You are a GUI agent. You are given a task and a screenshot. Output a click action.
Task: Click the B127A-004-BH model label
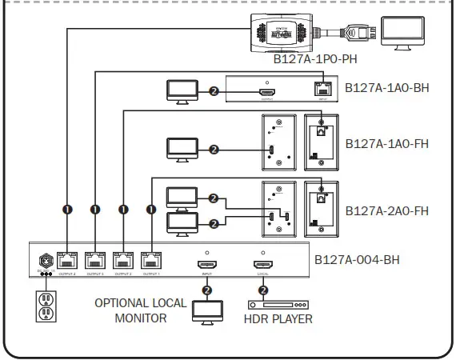pyautogui.click(x=358, y=259)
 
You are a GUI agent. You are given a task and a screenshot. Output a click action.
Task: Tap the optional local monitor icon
pyautogui.click(x=207, y=309)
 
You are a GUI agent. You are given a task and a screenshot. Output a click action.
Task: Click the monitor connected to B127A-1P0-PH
pyautogui.click(x=404, y=32)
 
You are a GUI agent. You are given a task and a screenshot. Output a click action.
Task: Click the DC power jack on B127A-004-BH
pyautogui.click(x=46, y=260)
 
